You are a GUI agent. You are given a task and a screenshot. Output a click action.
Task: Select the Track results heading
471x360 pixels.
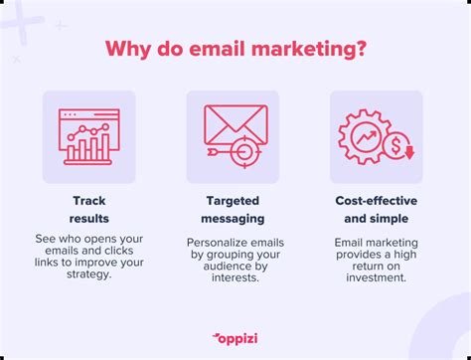click(x=89, y=210)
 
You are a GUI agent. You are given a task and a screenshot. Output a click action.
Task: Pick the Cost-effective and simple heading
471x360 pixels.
click(x=377, y=210)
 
